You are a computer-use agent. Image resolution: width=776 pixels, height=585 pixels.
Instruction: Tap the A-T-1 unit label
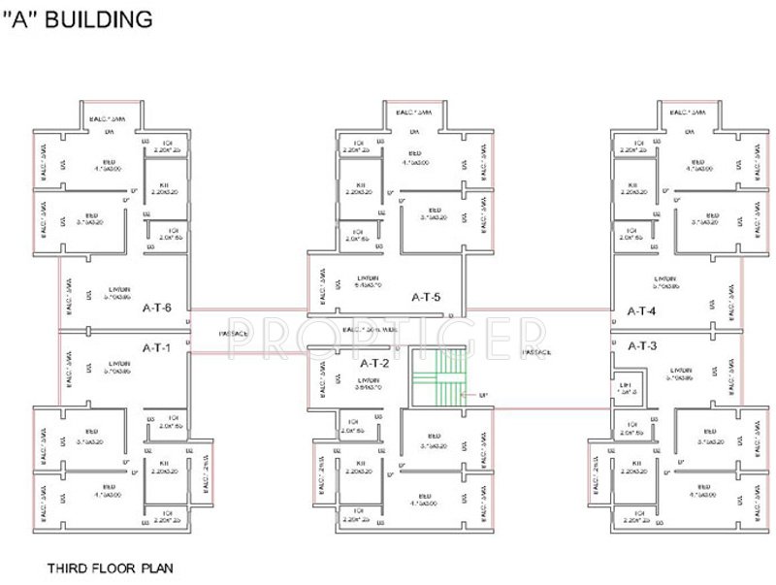tap(157, 347)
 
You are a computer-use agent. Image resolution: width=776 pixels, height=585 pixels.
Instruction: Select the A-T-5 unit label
tap(426, 297)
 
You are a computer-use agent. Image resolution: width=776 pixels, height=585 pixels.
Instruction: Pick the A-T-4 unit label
tap(641, 311)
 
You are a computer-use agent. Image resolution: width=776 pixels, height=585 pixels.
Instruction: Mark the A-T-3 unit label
tap(641, 346)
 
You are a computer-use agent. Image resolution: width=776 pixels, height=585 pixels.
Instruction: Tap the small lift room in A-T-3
tap(628, 386)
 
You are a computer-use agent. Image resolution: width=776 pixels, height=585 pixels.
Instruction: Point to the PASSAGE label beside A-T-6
tap(234, 334)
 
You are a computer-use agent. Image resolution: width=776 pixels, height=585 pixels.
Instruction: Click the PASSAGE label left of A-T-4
tap(543, 352)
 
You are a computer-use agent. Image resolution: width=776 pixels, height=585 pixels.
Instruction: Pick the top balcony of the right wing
tap(691, 113)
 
